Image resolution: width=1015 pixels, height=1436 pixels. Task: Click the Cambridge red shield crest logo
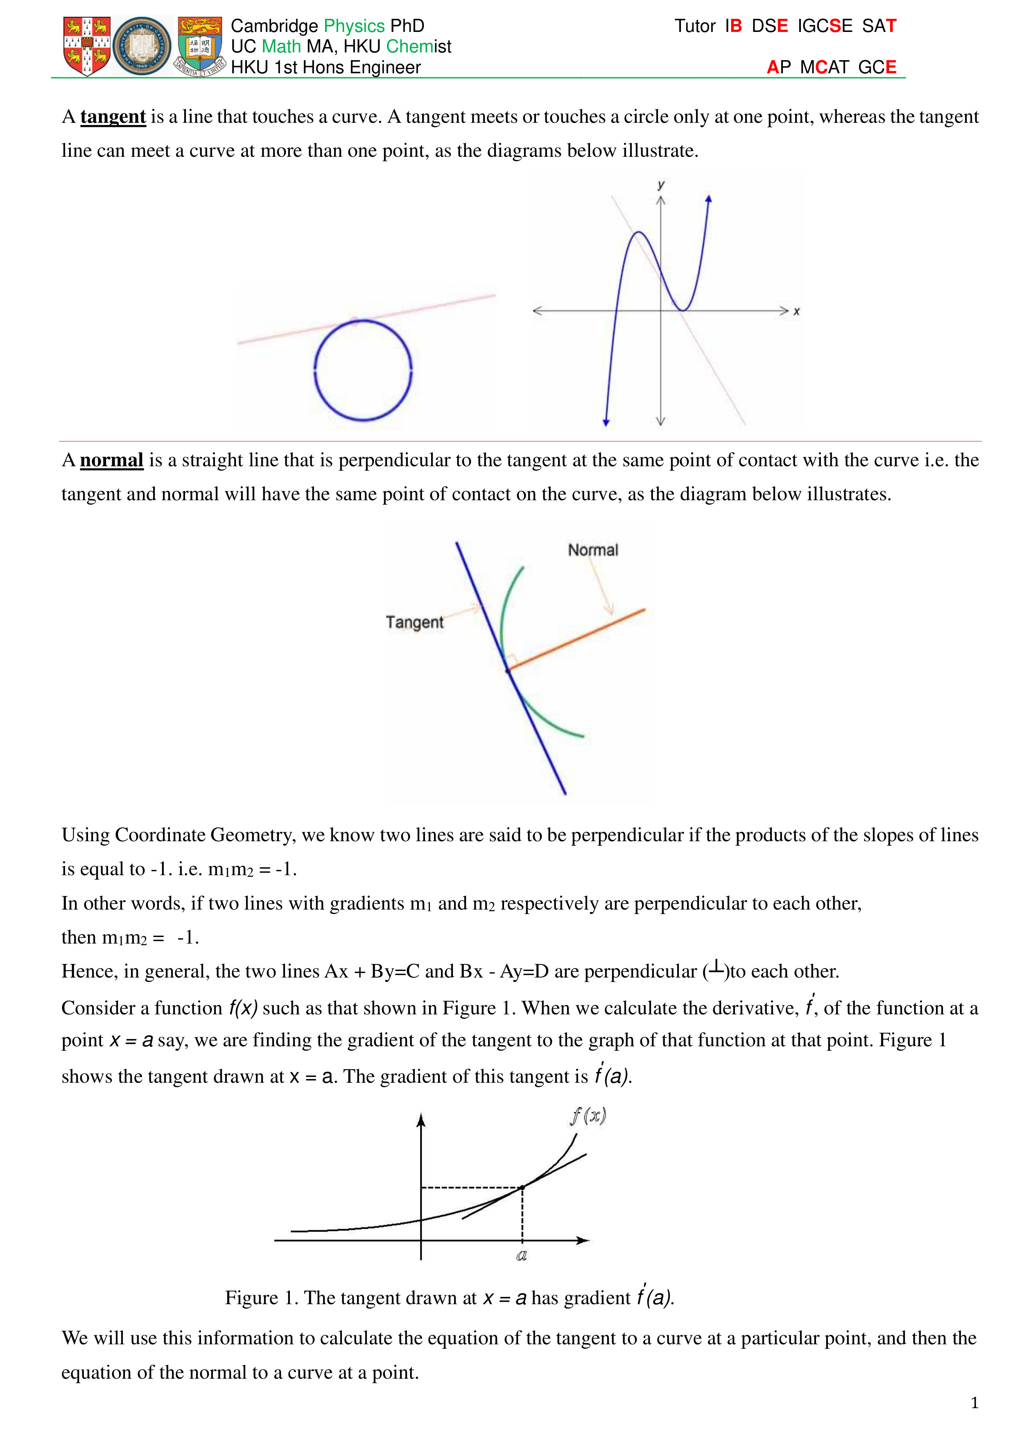pos(87,46)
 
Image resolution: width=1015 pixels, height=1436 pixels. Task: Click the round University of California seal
pos(142,46)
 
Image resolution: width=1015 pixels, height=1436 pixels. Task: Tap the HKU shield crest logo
pos(199,46)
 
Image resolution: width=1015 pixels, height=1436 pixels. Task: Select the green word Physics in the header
pos(354,26)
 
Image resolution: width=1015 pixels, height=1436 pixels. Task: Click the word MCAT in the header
pos(824,67)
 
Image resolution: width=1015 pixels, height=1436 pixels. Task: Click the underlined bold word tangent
pos(113,117)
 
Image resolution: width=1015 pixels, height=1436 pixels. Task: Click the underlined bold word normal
pos(111,461)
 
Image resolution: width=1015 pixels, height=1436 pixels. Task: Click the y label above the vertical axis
pos(661,185)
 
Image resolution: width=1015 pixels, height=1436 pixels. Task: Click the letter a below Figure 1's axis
pos(522,1255)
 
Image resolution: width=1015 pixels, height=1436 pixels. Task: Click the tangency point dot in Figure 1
pos(522,1186)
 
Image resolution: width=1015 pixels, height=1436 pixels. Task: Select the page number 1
pos(974,1403)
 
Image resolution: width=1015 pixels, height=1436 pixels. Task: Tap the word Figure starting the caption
pos(251,1298)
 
